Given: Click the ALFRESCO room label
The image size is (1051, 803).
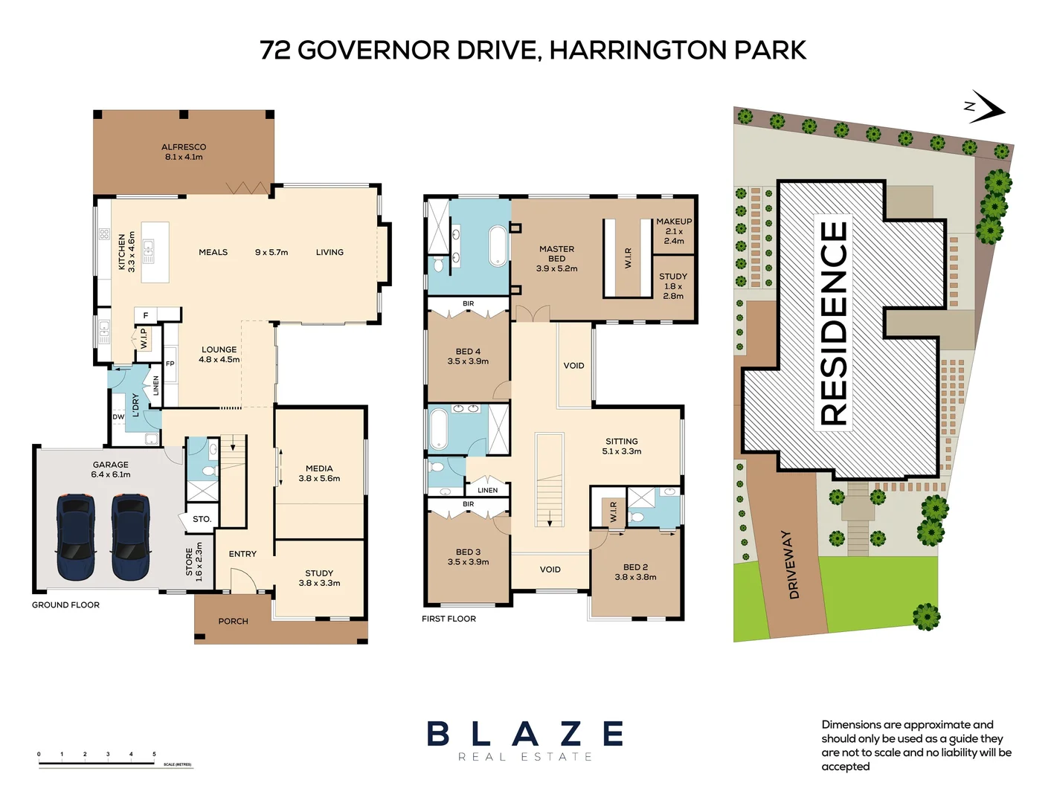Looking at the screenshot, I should tap(184, 147).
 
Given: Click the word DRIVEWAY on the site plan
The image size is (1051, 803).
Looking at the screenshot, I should tap(791, 564).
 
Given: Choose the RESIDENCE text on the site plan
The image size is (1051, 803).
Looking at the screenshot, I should tap(835, 324).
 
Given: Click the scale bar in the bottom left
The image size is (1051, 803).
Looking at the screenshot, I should tap(97, 762).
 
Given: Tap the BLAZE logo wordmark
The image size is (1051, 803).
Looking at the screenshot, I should tap(525, 734).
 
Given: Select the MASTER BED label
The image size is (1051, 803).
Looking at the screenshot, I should tap(556, 254).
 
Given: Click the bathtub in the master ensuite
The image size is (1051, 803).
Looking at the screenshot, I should tap(498, 246).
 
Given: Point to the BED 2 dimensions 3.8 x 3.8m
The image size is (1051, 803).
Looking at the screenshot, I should tap(635, 577).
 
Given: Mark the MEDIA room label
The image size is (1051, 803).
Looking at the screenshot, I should tap(319, 468).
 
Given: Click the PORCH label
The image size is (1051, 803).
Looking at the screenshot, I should tap(233, 621).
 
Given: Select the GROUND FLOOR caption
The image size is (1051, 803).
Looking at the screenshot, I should tap(65, 605).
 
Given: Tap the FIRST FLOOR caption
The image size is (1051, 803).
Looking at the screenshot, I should tap(449, 619).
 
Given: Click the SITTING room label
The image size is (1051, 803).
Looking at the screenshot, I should tap(621, 441).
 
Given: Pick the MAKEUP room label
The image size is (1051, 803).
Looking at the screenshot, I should tap(674, 222).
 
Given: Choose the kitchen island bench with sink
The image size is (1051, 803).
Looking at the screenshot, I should tap(155, 252).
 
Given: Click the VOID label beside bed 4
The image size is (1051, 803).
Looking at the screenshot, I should tap(573, 366).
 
